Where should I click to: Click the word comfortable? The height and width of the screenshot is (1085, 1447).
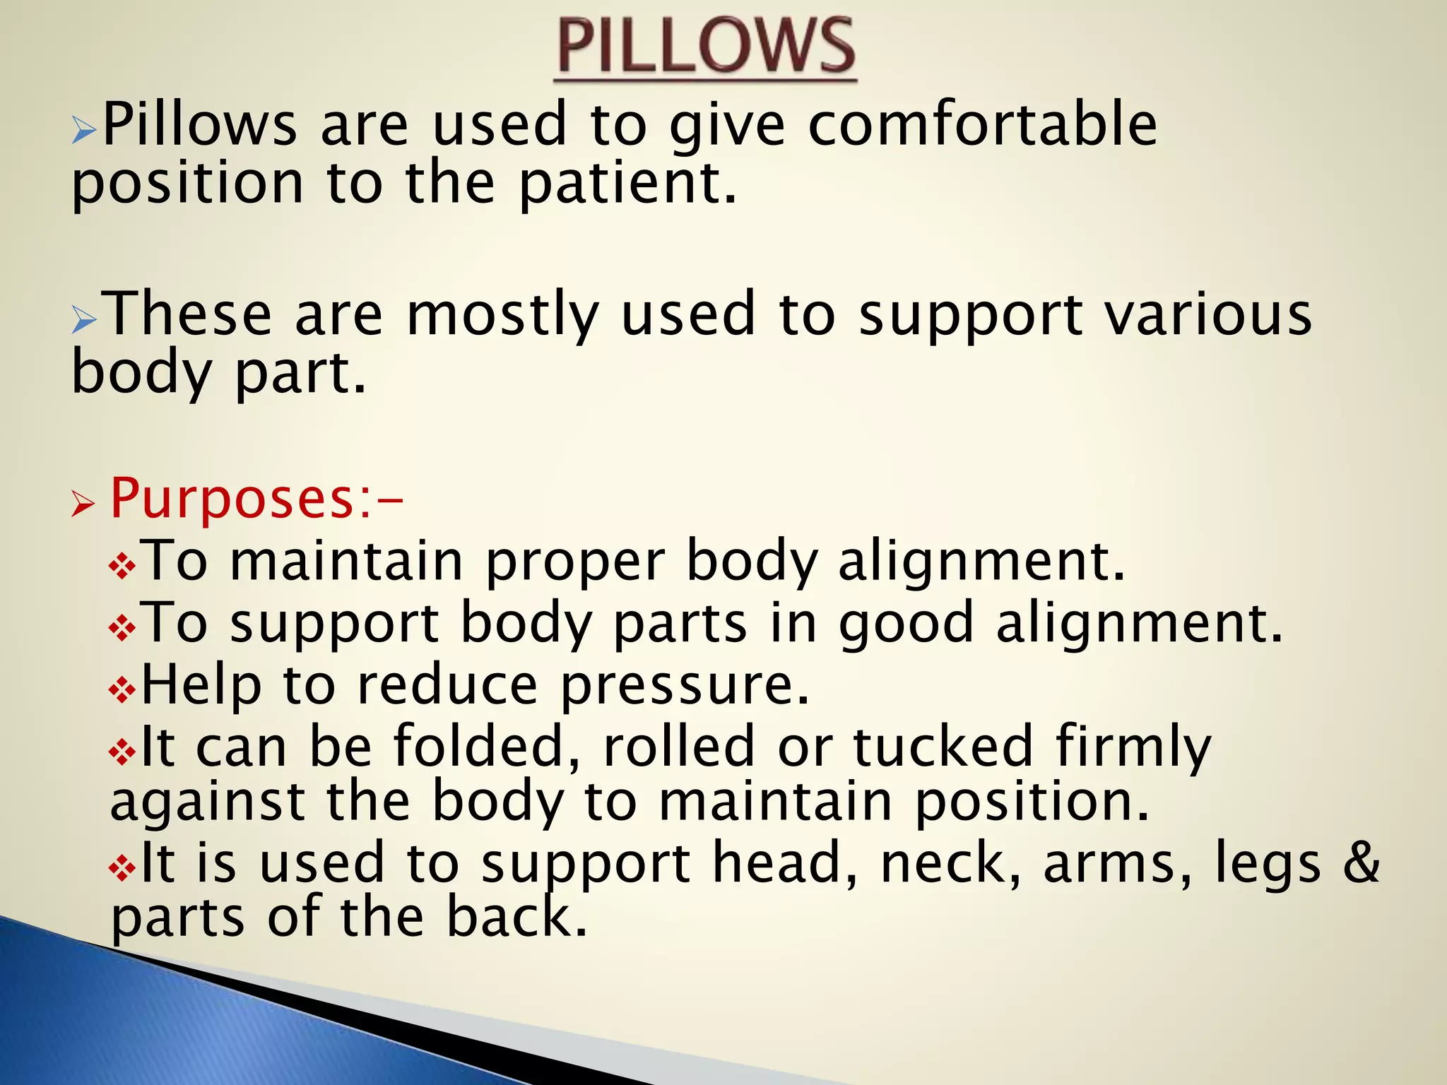coord(982,124)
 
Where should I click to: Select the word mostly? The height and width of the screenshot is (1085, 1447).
coord(502,315)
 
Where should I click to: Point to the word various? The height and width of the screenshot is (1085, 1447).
coord(1208,314)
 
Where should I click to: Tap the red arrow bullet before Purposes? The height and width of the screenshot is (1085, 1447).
coord(83,506)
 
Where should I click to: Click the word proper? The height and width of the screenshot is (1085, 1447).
coord(574,562)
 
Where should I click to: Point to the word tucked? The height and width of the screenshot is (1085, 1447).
coord(943,746)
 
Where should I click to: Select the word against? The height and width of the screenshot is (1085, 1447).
coord(208,802)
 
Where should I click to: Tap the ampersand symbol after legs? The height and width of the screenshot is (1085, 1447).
coord(1361,863)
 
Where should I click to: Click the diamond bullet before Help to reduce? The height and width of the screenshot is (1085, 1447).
coord(122,690)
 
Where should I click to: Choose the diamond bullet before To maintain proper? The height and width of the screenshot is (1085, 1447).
coord(122,566)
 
